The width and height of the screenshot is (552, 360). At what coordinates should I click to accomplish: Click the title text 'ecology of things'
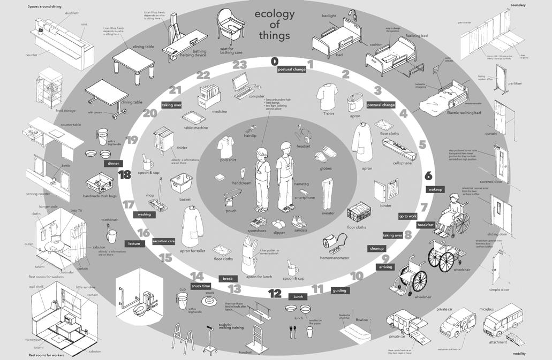274,25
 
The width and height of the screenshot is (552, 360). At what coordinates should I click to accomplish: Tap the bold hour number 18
125,174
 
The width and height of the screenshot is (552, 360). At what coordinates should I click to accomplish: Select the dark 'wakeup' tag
435,189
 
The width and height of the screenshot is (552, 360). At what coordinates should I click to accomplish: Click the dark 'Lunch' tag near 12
297,296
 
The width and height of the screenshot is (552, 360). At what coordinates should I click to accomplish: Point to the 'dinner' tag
113,164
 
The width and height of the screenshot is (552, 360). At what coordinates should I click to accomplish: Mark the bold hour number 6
428,175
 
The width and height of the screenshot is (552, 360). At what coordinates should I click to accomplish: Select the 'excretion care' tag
164,241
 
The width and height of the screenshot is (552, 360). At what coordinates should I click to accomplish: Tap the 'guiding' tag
339,290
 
